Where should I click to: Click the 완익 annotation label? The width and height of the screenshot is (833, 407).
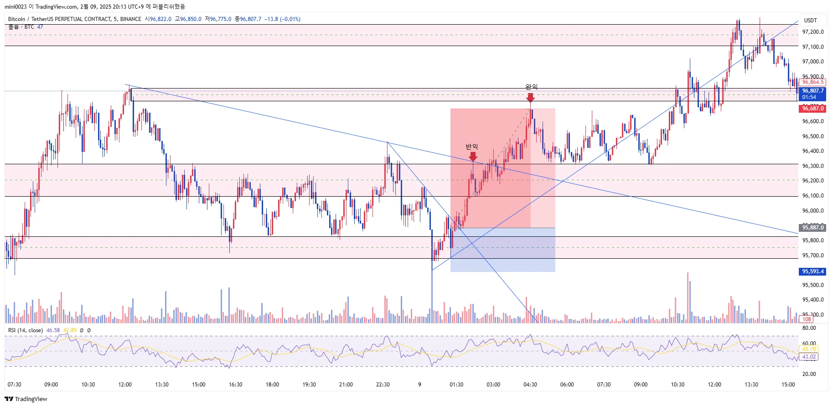click(531, 87)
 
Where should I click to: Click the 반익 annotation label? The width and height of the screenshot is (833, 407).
click(471, 146)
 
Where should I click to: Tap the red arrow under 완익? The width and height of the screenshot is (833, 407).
click(530, 98)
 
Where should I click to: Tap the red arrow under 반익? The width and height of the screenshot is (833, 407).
click(473, 157)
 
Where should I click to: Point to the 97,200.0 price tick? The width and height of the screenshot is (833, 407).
click(813, 32)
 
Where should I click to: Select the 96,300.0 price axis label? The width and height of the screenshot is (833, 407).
click(813, 166)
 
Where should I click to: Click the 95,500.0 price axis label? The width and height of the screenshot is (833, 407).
click(813, 285)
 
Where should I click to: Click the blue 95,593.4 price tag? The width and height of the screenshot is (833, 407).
click(813, 271)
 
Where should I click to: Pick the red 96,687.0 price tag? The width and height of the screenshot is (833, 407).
click(813, 109)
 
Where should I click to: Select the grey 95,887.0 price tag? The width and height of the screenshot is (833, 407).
click(813, 228)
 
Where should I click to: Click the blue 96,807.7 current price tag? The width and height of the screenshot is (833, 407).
click(813, 91)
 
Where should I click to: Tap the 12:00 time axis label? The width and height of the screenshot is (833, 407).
click(125, 385)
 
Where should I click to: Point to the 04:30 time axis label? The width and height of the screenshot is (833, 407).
click(530, 385)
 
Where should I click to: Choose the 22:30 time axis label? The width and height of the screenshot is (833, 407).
click(383, 385)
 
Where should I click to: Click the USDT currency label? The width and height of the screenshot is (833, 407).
click(810, 21)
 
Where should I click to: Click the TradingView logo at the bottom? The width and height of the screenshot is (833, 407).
click(26, 399)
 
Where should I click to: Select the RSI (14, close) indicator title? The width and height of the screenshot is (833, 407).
click(26, 330)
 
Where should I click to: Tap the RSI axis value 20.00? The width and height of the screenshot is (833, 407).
click(809, 374)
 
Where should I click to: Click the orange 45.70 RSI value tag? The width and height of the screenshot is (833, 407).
click(809, 349)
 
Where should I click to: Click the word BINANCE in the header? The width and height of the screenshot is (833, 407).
click(130, 19)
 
